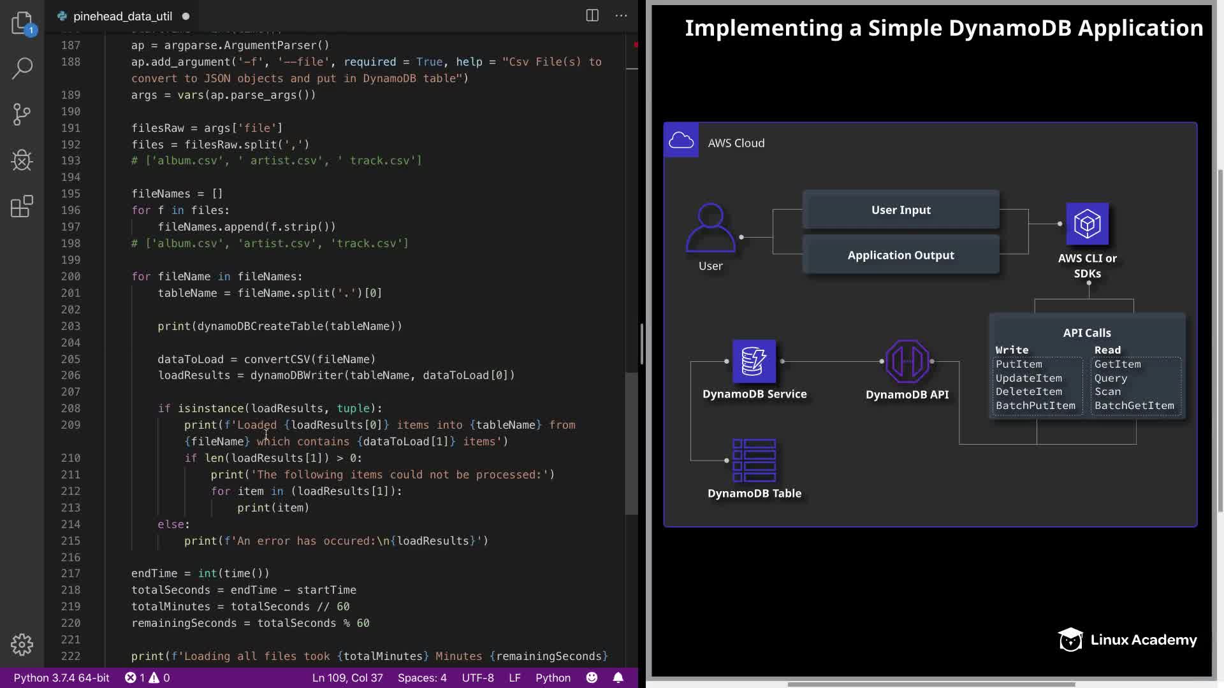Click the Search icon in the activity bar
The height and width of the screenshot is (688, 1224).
pos(22,68)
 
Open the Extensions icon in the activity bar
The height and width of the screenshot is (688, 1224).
pos(22,206)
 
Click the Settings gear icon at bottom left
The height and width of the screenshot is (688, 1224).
pos(22,644)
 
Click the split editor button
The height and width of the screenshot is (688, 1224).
pos(592,15)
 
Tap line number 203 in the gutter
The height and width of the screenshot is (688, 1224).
pos(71,326)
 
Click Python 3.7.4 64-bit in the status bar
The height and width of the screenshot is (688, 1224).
pos(61,678)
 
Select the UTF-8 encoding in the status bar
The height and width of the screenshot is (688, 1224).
pos(477,678)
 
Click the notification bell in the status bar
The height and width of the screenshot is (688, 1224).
pos(618,678)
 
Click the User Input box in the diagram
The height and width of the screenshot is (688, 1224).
pos(901,210)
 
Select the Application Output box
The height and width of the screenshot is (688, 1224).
pos(901,255)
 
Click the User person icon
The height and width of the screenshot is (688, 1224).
pos(710,228)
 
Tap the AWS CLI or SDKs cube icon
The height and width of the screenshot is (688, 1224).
pos(1087,224)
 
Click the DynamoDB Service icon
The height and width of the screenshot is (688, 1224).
pos(754,361)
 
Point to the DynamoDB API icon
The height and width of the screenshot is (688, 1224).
pos(907,361)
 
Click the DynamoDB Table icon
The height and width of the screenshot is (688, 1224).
pos(754,460)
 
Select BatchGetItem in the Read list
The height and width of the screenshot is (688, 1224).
pos(1134,406)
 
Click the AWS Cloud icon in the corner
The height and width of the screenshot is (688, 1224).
pos(681,140)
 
